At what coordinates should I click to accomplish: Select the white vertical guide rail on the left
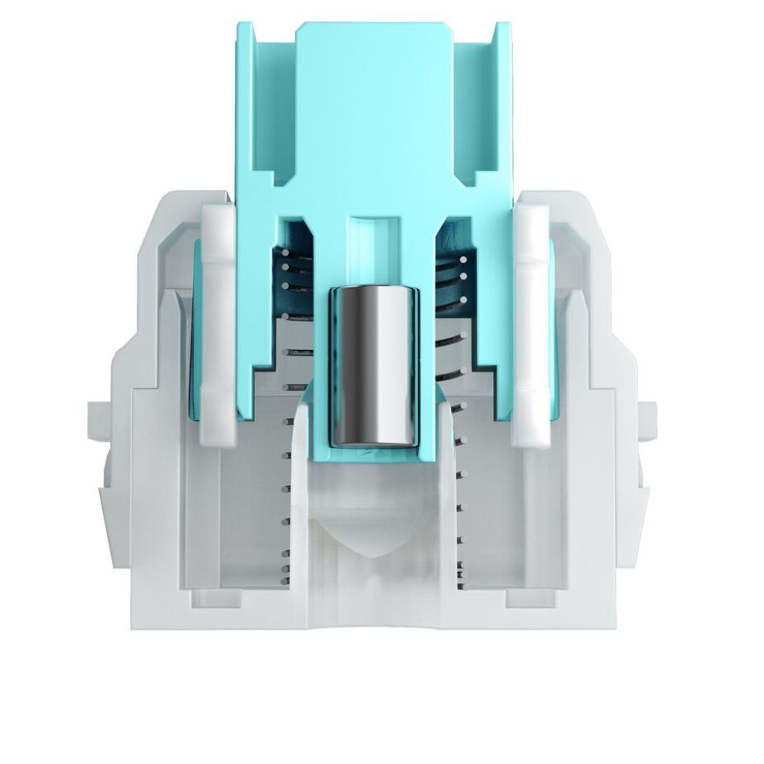tap(218, 322)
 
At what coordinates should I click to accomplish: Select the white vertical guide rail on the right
tap(532, 322)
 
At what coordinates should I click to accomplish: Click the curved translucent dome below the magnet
tap(375, 515)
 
